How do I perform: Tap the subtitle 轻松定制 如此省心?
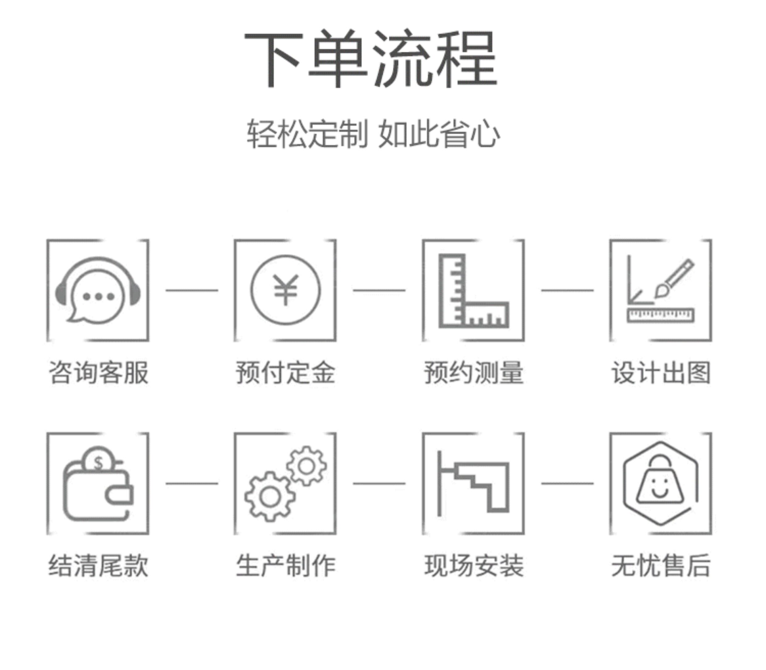click(373, 134)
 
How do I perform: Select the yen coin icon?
click(285, 290)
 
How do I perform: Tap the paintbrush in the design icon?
click(674, 278)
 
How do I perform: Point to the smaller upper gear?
click(307, 466)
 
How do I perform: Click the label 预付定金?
click(285, 373)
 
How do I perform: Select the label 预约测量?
click(473, 373)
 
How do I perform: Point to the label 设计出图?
click(661, 373)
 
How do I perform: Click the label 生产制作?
click(285, 566)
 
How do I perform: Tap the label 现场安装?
click(473, 566)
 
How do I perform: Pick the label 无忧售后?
click(661, 566)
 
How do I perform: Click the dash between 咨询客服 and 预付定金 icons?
click(192, 290)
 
